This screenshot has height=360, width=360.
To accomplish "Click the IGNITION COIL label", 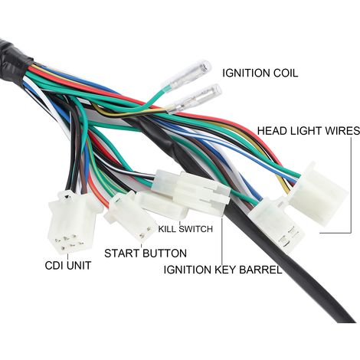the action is click(x=260, y=73).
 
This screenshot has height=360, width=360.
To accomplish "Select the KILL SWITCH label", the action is click(x=185, y=229).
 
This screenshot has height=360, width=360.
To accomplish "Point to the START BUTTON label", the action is click(x=146, y=254).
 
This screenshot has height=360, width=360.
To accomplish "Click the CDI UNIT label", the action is click(x=68, y=266).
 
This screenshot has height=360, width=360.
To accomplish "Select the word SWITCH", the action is click(x=196, y=229).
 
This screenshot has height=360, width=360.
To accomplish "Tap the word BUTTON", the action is click(x=165, y=254).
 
